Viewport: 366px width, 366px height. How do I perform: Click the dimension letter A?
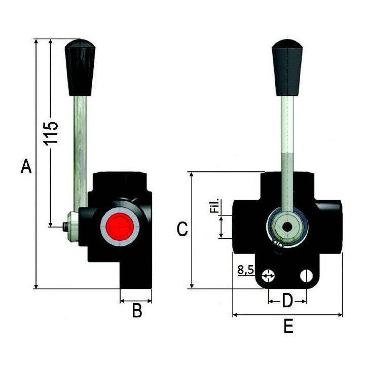(x=26, y=166)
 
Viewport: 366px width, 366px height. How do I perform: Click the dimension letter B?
(x=137, y=311)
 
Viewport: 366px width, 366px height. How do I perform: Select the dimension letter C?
(x=182, y=229)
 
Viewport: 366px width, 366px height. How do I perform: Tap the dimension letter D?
(x=287, y=302)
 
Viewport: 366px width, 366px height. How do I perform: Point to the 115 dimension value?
(x=52, y=133)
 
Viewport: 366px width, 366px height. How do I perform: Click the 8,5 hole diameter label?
(x=245, y=270)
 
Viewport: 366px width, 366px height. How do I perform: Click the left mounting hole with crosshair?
(x=269, y=276)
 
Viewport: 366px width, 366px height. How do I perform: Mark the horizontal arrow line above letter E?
(x=287, y=315)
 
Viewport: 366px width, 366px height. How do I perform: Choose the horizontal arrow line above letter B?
(x=136, y=301)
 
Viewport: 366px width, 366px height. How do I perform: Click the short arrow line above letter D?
(x=287, y=301)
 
